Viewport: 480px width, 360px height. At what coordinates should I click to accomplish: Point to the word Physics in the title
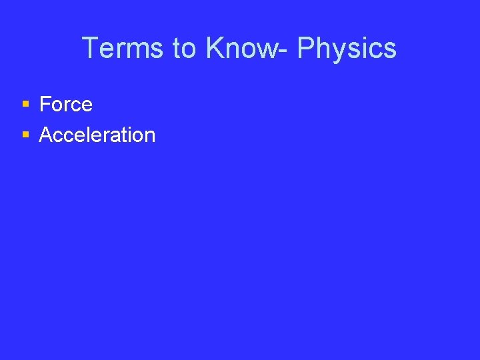point(347,48)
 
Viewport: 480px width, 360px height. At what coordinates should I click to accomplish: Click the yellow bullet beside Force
point(25,104)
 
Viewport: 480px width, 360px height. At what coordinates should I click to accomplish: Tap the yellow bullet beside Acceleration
point(25,135)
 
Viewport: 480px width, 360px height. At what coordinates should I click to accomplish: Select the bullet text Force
point(66,104)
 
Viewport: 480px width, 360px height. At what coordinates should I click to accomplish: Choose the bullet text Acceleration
point(97,135)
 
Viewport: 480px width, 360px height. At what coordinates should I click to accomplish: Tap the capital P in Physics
point(307,48)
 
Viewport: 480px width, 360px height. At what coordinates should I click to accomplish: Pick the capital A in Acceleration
point(46,135)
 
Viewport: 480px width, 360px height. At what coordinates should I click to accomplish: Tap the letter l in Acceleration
point(95,135)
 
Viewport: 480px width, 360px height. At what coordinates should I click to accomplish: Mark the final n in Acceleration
point(149,136)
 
